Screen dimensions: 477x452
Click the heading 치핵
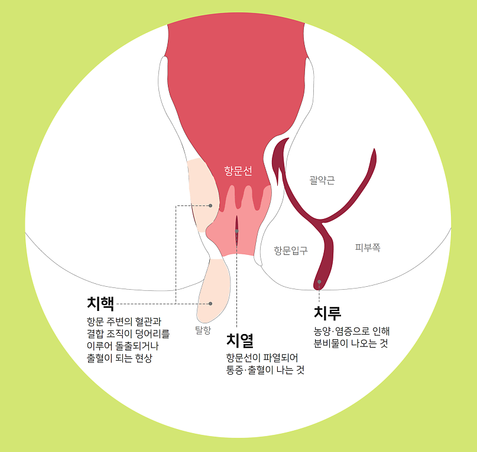(x=100, y=303)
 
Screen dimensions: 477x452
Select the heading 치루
(x=327, y=313)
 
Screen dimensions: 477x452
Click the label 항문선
(x=238, y=171)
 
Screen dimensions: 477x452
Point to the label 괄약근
(x=322, y=180)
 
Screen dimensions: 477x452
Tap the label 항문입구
(x=290, y=250)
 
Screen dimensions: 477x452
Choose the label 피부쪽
(x=367, y=248)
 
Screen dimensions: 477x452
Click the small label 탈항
(x=203, y=330)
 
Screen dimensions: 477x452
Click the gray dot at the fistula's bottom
(x=319, y=282)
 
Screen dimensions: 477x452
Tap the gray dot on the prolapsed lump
(x=210, y=303)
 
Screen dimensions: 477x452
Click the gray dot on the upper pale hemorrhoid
(x=210, y=205)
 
